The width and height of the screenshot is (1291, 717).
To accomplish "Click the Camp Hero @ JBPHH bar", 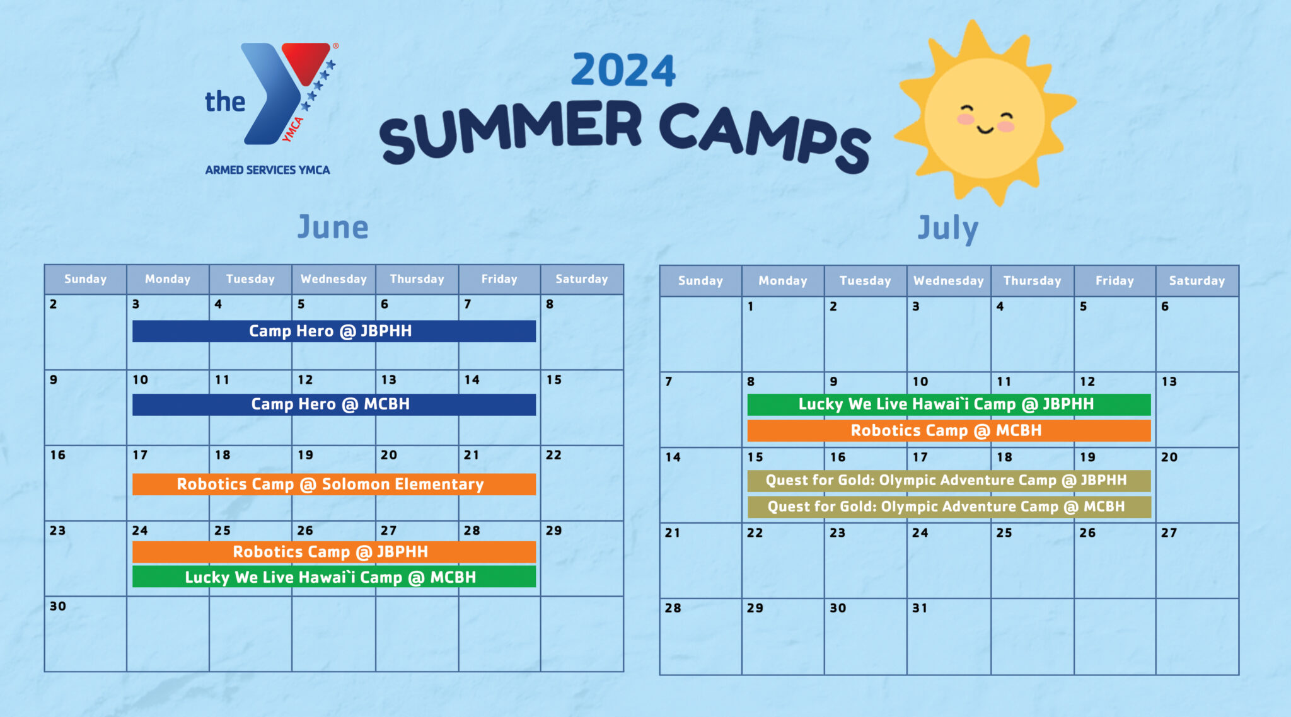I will tap(333, 331).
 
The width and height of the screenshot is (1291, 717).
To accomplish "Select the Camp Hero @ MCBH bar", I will tap(333, 404).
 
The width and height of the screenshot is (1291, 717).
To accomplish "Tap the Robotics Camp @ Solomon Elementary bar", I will tap(333, 485).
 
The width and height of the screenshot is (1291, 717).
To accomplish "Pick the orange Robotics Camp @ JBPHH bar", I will tap(333, 552).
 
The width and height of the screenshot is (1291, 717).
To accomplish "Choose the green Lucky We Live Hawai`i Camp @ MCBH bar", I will tap(333, 577).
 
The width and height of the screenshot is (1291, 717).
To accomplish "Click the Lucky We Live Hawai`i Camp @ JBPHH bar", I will tap(948, 404).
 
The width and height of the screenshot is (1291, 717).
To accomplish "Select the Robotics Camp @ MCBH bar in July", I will tap(948, 431).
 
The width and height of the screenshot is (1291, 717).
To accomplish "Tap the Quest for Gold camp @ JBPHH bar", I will tap(948, 481).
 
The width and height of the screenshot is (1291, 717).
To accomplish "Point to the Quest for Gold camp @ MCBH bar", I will tap(948, 507).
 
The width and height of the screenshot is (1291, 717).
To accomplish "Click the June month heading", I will tap(333, 227).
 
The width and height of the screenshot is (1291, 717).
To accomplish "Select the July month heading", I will tap(947, 228).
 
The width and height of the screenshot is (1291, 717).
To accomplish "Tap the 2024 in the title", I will tap(623, 70).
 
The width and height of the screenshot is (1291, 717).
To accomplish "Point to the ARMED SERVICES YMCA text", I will tap(267, 170).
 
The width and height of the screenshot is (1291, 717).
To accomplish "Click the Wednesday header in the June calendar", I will tap(333, 279).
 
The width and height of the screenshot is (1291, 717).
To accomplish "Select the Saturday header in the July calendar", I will tap(1196, 281).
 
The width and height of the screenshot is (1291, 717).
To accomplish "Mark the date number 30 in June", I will tap(58, 606).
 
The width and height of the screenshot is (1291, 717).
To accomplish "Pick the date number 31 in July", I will tap(920, 608).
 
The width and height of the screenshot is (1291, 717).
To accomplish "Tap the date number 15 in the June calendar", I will tap(554, 380).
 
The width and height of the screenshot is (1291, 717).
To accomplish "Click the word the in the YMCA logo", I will tap(225, 102).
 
